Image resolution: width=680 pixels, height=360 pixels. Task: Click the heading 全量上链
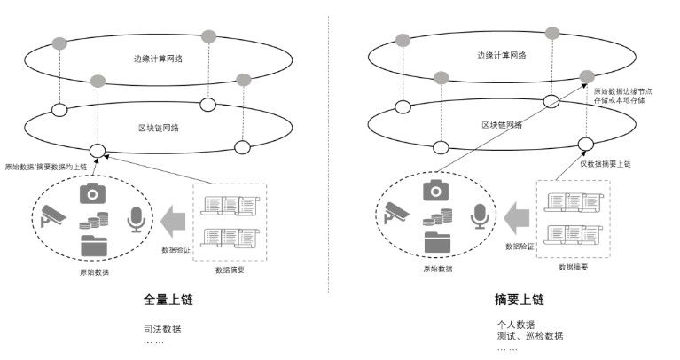coord(168,300)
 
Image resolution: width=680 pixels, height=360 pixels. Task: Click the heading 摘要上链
coord(518,300)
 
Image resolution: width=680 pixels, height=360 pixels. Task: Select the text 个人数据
coord(515,324)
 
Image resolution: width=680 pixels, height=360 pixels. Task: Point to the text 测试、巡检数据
coord(529,335)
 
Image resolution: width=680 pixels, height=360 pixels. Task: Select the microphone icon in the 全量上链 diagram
coord(136,217)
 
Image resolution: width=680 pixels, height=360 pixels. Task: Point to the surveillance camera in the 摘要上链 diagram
coord(396,215)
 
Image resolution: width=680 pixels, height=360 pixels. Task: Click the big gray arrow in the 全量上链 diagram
coord(174,216)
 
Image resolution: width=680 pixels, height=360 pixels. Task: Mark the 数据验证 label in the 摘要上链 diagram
coord(519,246)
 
